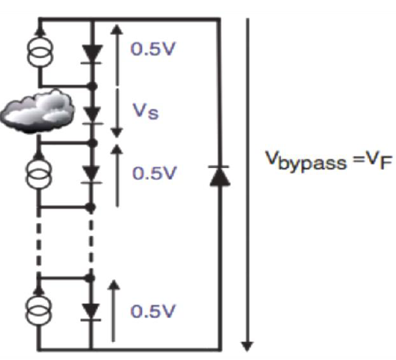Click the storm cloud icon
(x=37, y=111)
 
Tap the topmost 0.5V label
(x=153, y=49)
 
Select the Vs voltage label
(x=145, y=111)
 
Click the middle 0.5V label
(x=154, y=173)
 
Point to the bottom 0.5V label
(x=153, y=311)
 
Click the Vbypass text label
(x=306, y=161)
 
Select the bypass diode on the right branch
(x=220, y=176)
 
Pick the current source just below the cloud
(x=38, y=173)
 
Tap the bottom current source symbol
(x=38, y=310)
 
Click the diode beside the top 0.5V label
(x=91, y=55)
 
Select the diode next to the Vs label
(x=92, y=116)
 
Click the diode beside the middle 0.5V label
(x=91, y=176)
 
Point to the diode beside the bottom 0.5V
(x=91, y=313)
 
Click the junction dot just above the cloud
(x=92, y=87)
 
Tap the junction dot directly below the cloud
(x=93, y=143)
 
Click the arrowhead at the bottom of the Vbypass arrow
(x=247, y=346)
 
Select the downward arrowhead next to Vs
(x=117, y=132)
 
